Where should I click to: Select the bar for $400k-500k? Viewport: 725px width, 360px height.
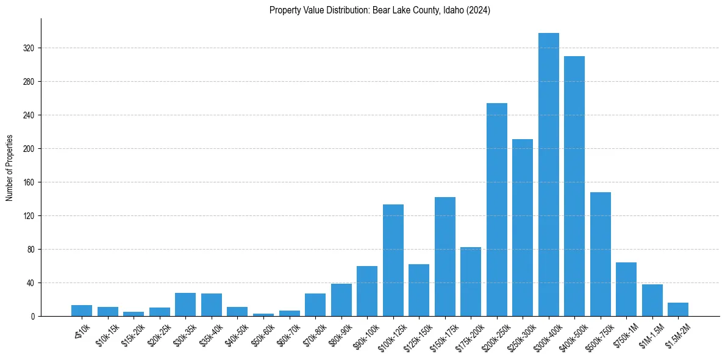pyautogui.click(x=574, y=186)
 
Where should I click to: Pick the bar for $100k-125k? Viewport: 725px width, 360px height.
pyautogui.click(x=393, y=260)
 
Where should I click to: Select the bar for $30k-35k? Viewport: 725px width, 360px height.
pyautogui.click(x=185, y=304)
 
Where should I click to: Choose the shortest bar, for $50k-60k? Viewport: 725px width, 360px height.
pyautogui.click(x=263, y=315)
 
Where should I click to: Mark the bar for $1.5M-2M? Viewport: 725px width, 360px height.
pyautogui.click(x=678, y=309)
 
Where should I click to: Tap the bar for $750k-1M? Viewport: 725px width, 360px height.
pyautogui.click(x=626, y=289)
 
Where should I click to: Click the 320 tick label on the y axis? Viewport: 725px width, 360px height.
pyautogui.click(x=29, y=48)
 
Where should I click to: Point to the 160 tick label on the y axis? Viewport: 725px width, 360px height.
pyautogui.click(x=29, y=182)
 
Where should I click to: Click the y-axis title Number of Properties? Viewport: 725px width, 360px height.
pyautogui.click(x=9, y=168)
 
